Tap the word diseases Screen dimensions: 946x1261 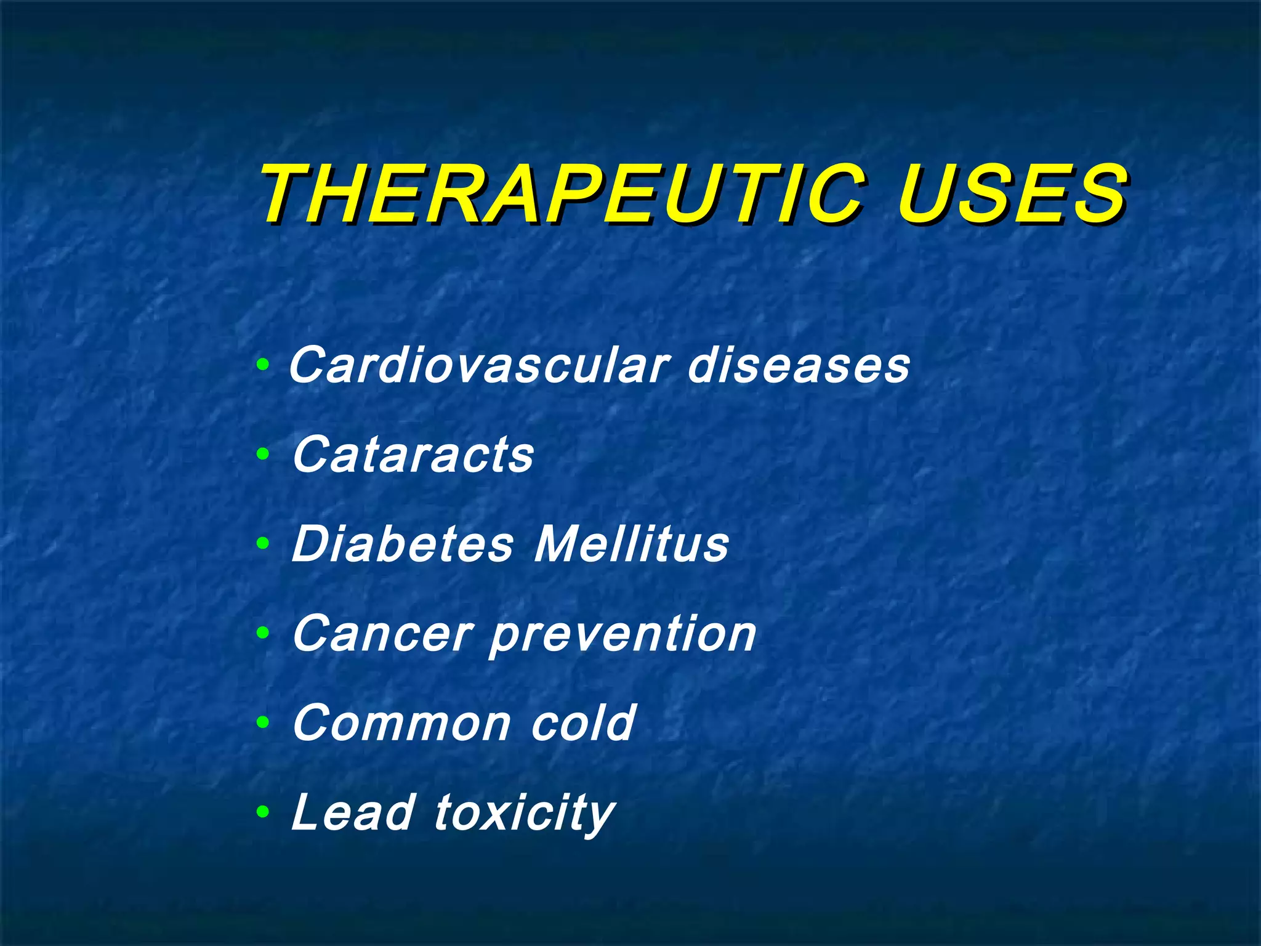798,365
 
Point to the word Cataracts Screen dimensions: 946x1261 413,455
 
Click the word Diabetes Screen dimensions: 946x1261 402,544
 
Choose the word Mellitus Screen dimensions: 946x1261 632,544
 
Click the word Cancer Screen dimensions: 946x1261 382,634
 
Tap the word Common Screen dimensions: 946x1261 401,723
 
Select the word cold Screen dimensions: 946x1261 582,722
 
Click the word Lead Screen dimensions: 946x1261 352,812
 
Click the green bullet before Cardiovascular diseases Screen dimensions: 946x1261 263,366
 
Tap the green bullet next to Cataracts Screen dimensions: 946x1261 263,455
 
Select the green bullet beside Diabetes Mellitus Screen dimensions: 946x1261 263,544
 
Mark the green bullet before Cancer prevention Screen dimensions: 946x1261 263,633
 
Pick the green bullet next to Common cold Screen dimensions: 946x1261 263,722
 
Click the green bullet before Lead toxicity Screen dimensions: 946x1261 263,812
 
